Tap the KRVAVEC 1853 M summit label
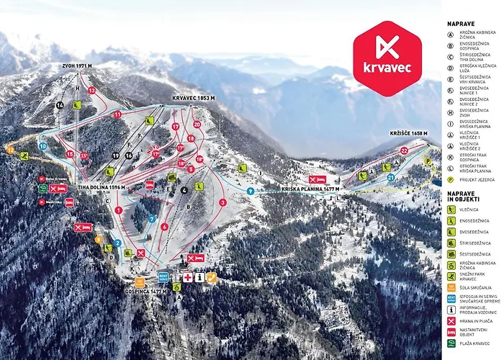[x=194, y=97]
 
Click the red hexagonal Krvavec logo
[x=387, y=58]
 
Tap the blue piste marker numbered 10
[x=42, y=146]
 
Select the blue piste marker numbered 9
[x=249, y=191]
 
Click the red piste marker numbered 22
[x=404, y=150]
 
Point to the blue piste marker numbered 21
[x=391, y=176]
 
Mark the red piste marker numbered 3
[x=223, y=202]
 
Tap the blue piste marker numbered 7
[x=152, y=219]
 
